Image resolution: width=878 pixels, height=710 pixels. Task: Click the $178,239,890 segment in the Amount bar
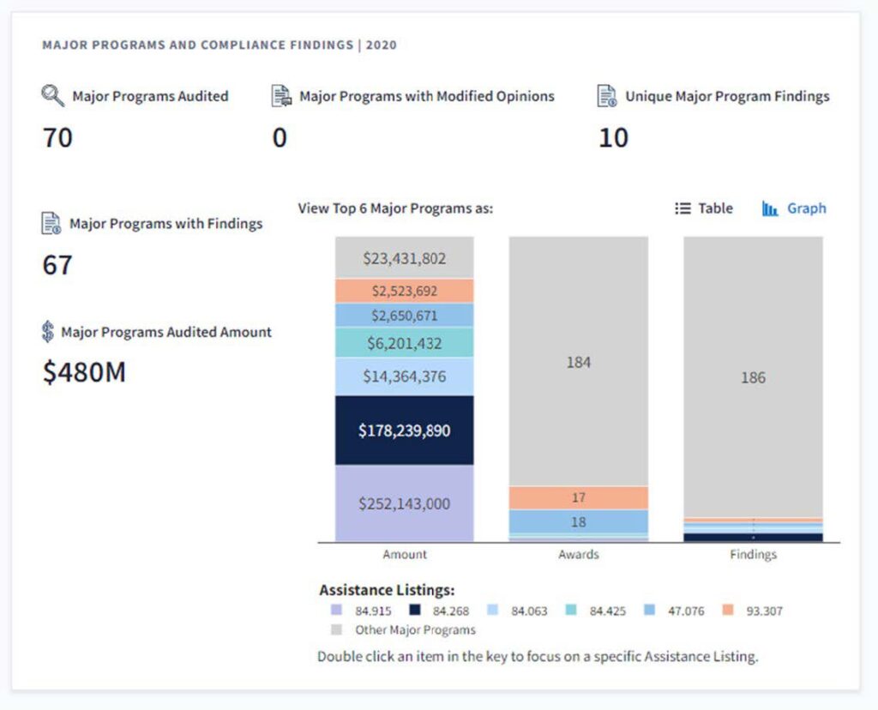[404, 430]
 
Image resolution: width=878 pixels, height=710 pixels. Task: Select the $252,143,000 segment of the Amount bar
[404, 503]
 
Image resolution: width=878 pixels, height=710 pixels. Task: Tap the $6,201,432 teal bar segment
[404, 343]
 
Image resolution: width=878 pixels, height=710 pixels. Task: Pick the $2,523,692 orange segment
[404, 291]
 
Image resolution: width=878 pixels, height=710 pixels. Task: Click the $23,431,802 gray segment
[404, 258]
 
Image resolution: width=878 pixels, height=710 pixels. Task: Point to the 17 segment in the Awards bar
[578, 497]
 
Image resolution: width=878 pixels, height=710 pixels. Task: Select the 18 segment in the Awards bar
[578, 521]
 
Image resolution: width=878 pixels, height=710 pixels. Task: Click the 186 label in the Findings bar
[753, 378]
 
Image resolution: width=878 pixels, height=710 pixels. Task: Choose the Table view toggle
[704, 208]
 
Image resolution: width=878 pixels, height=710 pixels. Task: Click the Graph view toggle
[794, 208]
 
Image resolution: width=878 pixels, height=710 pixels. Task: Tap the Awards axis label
[578, 555]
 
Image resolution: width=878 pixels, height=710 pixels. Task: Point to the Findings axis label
[753, 555]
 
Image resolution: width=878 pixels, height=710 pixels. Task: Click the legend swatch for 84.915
[336, 611]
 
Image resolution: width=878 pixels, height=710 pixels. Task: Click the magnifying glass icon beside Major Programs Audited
[53, 96]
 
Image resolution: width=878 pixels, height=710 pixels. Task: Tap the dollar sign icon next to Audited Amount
[48, 332]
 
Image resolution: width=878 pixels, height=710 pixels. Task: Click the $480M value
[84, 372]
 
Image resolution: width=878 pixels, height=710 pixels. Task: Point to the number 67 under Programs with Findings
[57, 264]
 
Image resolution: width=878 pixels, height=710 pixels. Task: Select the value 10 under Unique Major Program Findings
[613, 137]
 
